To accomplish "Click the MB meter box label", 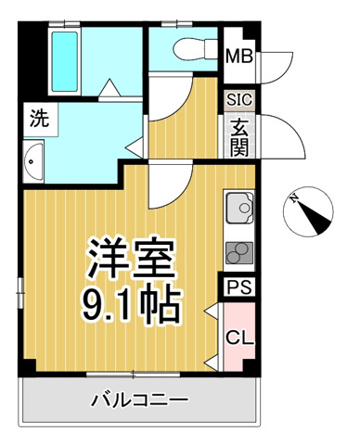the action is [x=239, y=57].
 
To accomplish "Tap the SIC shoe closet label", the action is [x=239, y=100].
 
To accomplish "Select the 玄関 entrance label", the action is [x=239, y=137].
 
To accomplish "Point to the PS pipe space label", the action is [x=239, y=287].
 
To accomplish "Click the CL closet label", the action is [x=239, y=337].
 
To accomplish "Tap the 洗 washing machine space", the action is [x=39, y=119].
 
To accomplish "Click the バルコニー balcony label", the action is [x=139, y=400].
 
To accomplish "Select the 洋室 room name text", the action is [x=132, y=258].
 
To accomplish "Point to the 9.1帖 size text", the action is [x=131, y=305].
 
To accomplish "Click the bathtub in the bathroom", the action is [x=65, y=62].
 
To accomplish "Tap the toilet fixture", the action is [x=196, y=49].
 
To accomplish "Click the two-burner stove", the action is [x=239, y=253].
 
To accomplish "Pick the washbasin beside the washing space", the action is [x=33, y=161].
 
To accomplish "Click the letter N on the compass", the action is [x=294, y=197].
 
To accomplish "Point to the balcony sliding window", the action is [x=133, y=375].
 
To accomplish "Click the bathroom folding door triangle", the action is [x=109, y=88].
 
